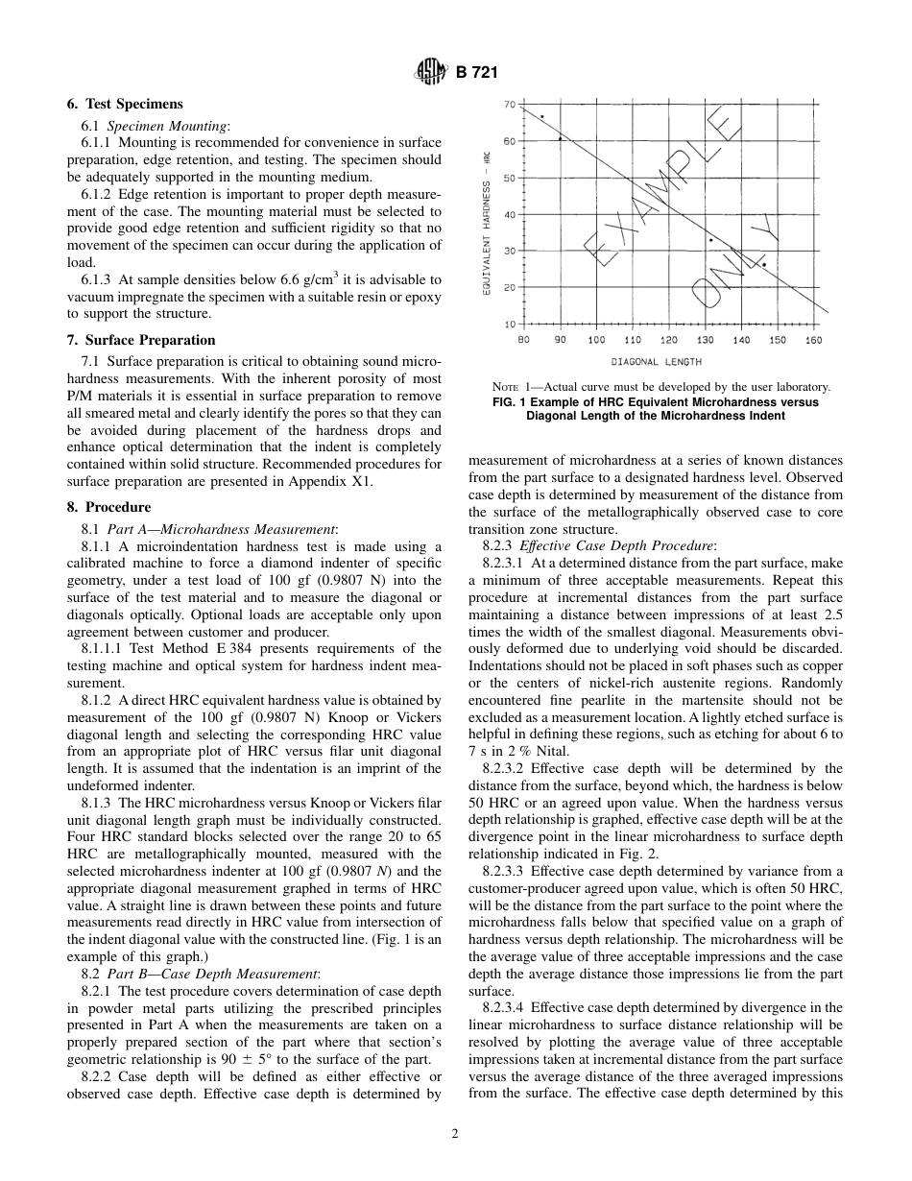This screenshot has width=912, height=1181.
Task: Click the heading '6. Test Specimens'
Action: point(125,104)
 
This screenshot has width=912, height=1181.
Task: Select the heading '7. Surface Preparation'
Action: point(141,340)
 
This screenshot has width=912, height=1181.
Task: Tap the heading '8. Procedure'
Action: point(108,507)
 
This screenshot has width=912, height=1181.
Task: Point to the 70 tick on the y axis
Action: point(510,105)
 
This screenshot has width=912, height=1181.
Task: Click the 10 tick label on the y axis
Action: point(510,325)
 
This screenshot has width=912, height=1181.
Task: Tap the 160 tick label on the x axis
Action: point(813,340)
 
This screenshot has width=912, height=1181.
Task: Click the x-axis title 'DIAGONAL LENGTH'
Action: point(656,362)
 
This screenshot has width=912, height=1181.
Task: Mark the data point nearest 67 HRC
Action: point(541,117)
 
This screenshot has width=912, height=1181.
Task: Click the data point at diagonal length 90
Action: point(561,138)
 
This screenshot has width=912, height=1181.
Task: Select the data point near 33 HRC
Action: point(710,240)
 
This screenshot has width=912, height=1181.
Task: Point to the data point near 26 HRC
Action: point(764,265)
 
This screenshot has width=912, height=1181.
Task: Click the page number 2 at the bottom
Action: point(455,1133)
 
